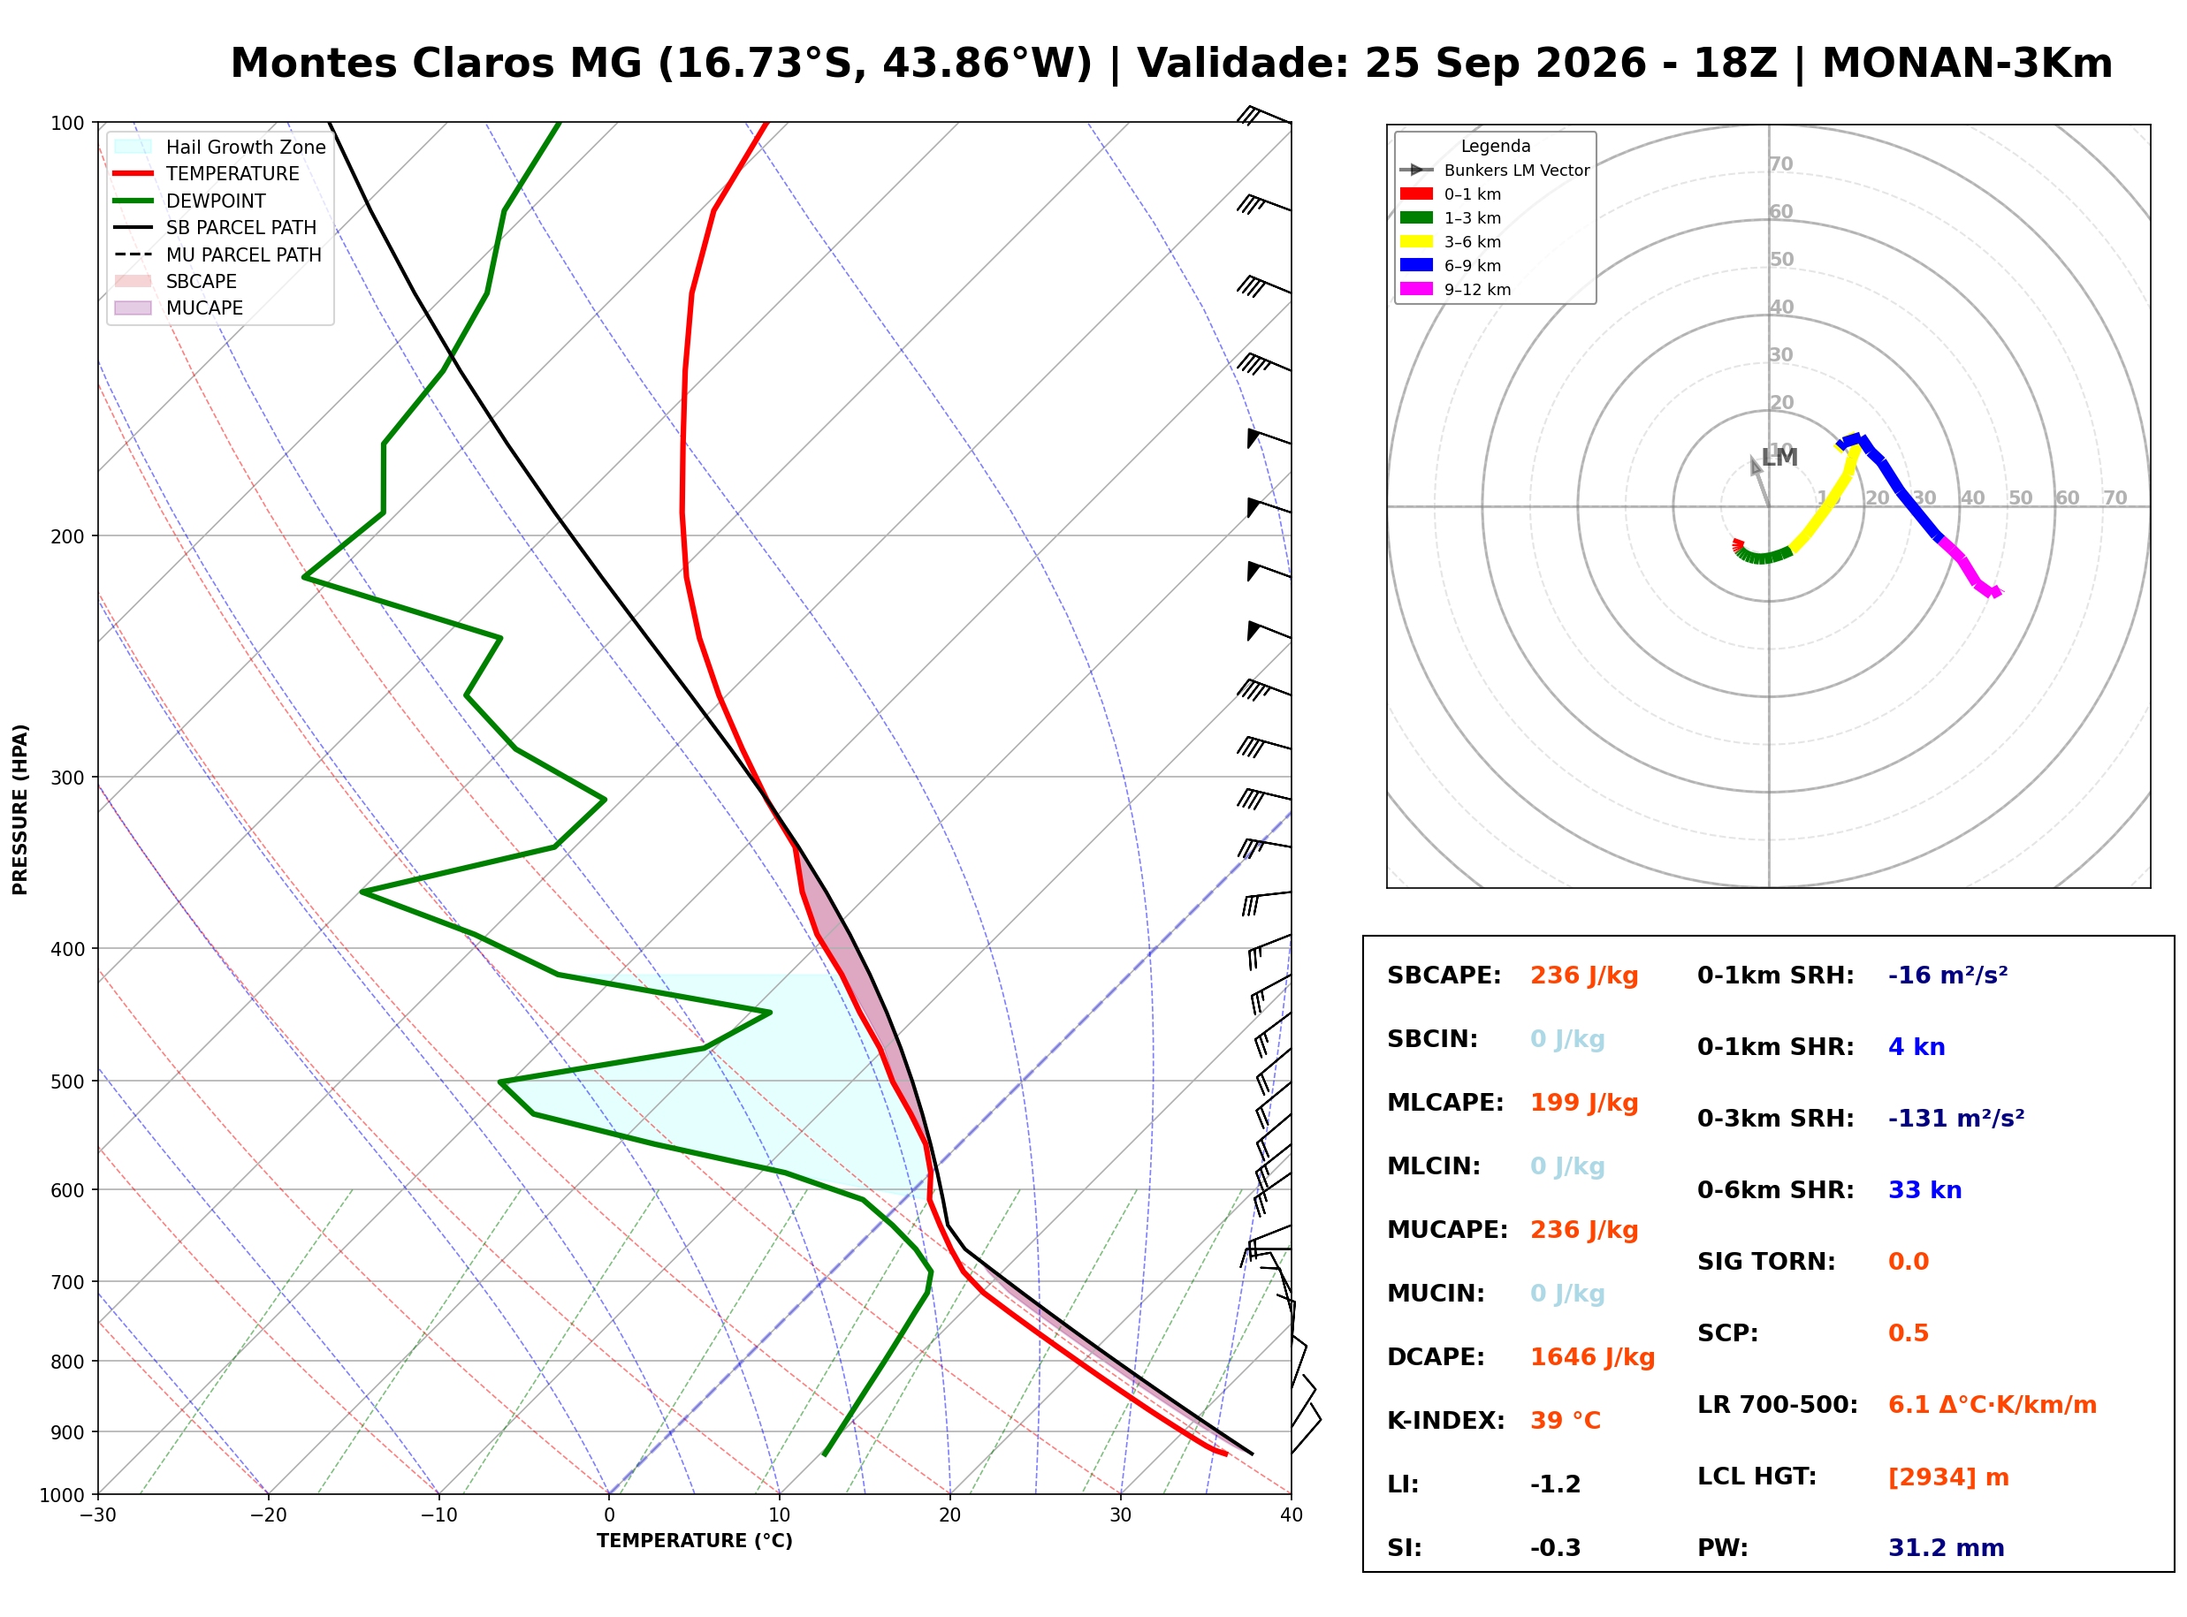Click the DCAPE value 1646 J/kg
[1592, 1357]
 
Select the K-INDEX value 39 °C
[1566, 1421]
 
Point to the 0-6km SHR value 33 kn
[1924, 1190]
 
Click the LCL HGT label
[1756, 1476]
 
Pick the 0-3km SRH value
[1956, 1118]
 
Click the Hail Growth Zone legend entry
[220, 147]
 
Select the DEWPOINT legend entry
[190, 201]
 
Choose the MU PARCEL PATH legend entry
[218, 254]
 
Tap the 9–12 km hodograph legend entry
[1456, 290]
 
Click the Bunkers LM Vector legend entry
[1495, 171]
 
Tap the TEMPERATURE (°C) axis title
[695, 1541]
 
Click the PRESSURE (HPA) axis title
[20, 809]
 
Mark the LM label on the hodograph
[1779, 457]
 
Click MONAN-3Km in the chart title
[1967, 64]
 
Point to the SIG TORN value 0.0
[1908, 1262]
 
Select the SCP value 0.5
[1908, 1333]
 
